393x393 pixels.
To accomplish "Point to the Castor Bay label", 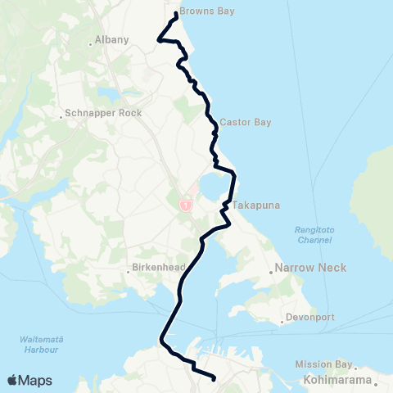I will coord(245,122).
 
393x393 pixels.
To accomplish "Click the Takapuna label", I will coord(251,206).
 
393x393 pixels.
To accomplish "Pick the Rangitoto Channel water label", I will coord(314,234).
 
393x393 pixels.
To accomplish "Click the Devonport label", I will coord(307,318).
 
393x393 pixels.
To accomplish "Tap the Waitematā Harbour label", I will coord(40,345).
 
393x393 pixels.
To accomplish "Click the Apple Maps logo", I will coord(29,380).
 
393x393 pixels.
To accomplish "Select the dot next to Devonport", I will coord(282,321).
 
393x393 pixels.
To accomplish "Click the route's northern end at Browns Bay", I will coord(176,15).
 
